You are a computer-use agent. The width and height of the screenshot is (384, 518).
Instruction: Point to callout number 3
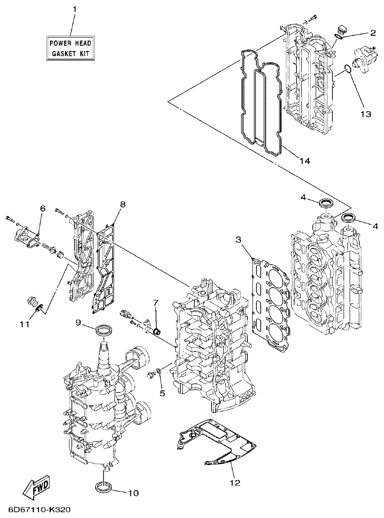click(239, 240)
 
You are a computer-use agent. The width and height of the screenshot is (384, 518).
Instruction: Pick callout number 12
click(234, 482)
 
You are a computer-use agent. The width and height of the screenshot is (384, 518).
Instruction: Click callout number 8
click(123, 204)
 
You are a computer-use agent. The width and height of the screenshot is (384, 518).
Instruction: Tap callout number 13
click(366, 114)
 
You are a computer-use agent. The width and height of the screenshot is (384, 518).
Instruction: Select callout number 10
click(133, 492)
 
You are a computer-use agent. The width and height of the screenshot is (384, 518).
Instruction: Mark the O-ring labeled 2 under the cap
click(340, 34)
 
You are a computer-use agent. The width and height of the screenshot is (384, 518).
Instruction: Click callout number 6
click(42, 208)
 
